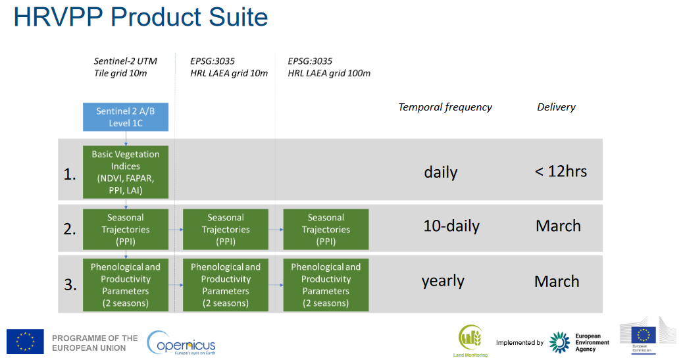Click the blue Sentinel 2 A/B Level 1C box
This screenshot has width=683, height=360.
pos(126,116)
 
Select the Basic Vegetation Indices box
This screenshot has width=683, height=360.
pos(126,172)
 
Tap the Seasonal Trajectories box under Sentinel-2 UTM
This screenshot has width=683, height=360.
pos(126,229)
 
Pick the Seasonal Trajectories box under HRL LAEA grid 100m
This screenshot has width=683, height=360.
pos(326,229)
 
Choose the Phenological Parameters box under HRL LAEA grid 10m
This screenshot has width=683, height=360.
pos(226,285)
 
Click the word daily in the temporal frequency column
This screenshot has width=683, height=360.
pos(441,172)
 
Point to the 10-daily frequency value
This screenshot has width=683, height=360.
pos(451,226)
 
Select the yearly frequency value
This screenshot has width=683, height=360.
pos(443,280)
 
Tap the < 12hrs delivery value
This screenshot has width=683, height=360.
pos(561,171)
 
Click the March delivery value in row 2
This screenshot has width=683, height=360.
pos(558,226)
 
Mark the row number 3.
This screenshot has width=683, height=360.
pos(70,284)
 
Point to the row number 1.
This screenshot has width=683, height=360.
pos(70,174)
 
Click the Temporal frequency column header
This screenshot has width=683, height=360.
pos(445,107)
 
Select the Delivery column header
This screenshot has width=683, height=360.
pos(556,107)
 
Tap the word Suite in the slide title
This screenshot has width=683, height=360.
pos(238,17)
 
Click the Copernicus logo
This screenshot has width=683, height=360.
pos(181,343)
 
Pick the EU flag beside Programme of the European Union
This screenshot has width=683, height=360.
pos(25,342)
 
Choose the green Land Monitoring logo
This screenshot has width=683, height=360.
pos(470,341)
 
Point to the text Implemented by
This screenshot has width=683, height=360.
pos(520,343)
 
